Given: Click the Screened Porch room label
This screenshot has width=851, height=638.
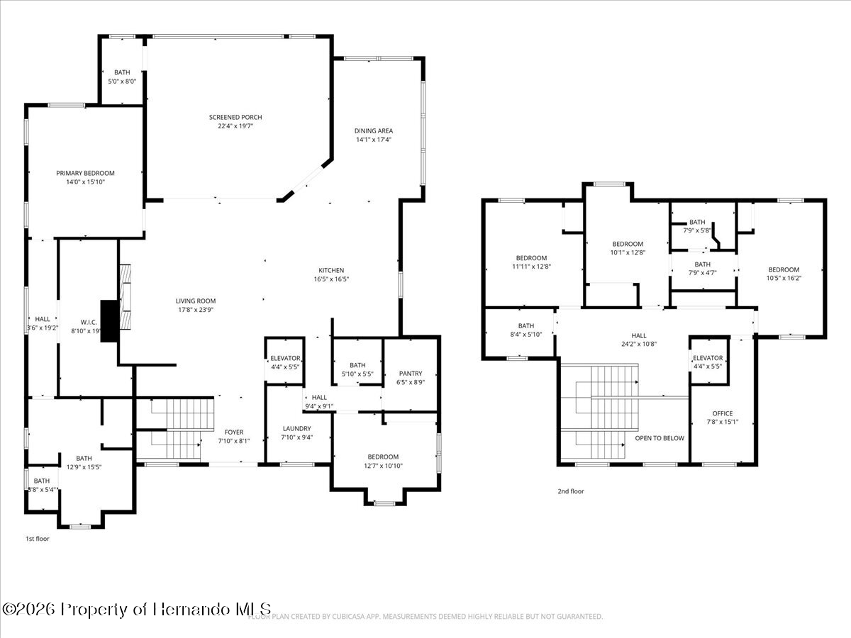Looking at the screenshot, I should [235, 118].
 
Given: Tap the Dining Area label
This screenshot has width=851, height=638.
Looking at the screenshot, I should [374, 131].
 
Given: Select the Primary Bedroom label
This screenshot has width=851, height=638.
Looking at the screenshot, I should [85, 174].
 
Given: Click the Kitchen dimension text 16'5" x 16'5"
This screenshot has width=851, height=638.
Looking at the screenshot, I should [331, 279].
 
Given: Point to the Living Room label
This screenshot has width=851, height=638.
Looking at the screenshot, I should [196, 301].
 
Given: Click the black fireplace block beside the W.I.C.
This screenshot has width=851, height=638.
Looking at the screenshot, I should [109, 321].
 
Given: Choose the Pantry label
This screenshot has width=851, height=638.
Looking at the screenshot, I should [411, 374].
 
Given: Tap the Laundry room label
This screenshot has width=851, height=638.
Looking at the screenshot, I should [297, 429].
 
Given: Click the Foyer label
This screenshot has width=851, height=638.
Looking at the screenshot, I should [234, 432].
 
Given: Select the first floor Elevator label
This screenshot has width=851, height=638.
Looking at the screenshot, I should [285, 359].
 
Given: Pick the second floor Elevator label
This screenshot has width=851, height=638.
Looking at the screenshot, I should [708, 358].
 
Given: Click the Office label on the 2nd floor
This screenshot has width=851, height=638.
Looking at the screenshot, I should [722, 414].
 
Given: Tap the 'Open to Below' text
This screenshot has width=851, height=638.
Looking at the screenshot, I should [660, 438].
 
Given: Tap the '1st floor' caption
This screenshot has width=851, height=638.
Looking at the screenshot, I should [38, 539].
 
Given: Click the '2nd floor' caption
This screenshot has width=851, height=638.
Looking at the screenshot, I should [571, 491].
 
